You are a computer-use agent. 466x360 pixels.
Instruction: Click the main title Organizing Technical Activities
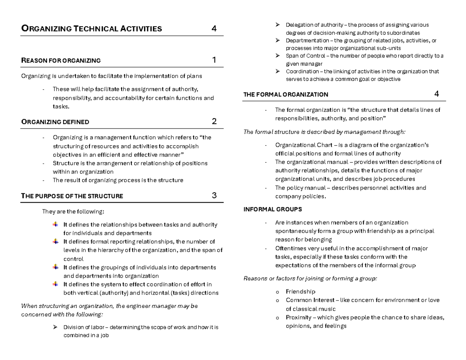point(91,28)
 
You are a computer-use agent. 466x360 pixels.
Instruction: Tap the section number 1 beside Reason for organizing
point(214,60)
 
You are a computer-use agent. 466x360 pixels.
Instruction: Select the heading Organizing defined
point(55,122)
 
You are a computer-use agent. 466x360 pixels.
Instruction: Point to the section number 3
point(214,195)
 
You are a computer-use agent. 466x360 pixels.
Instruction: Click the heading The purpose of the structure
point(72,196)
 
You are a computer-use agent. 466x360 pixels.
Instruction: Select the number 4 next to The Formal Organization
point(436,94)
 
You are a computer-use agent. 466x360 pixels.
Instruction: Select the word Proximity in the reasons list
point(298,318)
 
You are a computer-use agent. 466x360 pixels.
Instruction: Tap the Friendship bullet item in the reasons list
point(300,292)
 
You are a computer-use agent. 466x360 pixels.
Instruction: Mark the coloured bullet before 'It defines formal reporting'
point(55,242)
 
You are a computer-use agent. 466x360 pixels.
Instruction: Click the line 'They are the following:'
point(73,212)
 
